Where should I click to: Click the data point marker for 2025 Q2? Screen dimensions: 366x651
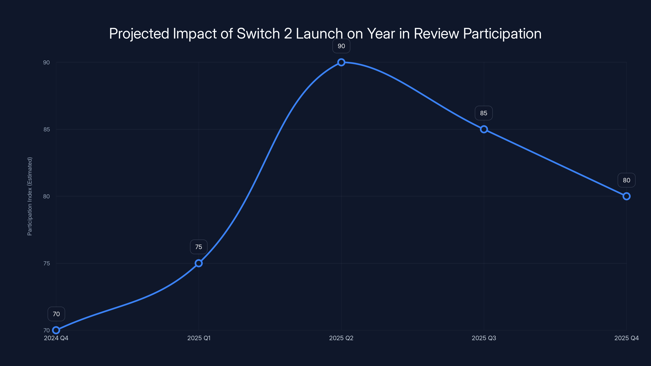click(x=341, y=62)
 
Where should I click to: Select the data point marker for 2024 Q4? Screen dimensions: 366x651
click(x=56, y=330)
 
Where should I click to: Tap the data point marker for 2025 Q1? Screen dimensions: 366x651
click(x=199, y=263)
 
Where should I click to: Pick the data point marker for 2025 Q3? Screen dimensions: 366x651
click(x=484, y=129)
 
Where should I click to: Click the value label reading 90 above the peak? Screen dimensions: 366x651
click(x=341, y=46)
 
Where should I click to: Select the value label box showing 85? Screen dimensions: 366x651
click(x=484, y=113)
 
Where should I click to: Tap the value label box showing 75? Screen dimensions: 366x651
click(x=199, y=247)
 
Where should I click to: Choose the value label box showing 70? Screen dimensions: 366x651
click(x=56, y=314)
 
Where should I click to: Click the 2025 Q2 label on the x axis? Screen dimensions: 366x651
click(x=341, y=338)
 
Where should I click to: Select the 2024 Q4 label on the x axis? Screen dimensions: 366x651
click(x=56, y=338)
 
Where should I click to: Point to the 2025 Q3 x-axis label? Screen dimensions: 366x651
click(x=484, y=338)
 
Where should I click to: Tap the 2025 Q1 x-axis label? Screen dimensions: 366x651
click(x=199, y=338)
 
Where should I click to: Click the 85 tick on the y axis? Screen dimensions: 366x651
click(x=47, y=129)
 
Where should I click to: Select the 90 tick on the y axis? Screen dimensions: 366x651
click(x=47, y=62)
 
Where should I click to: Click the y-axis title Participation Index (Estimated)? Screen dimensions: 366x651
click(x=30, y=196)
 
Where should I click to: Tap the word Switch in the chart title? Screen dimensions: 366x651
click(x=258, y=33)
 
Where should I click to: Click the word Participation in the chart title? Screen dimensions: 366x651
click(x=502, y=34)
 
